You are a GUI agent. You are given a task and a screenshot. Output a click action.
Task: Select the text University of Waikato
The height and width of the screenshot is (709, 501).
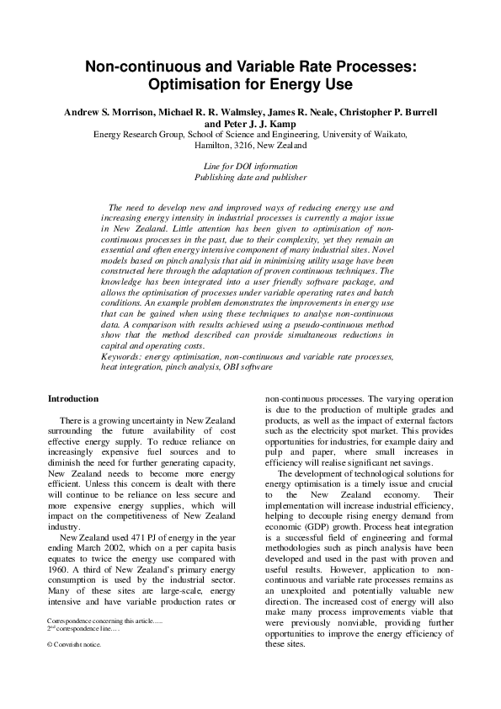click(369, 134)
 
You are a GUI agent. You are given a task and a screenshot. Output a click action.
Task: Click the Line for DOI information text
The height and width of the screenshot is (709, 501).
click(250, 166)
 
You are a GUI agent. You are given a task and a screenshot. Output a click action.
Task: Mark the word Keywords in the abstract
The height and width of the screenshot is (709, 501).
click(120, 381)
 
